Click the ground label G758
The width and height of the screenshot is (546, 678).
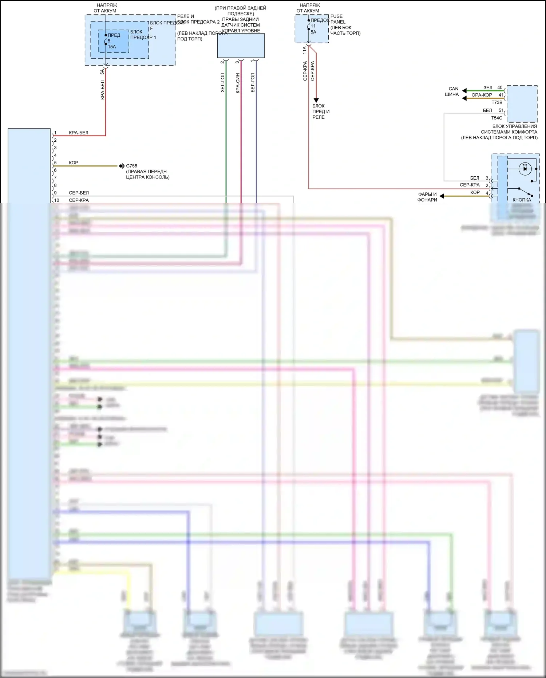(x=131, y=166)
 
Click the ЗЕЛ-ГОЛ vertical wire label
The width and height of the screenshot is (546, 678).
(x=222, y=82)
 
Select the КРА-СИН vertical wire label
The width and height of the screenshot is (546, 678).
(x=237, y=83)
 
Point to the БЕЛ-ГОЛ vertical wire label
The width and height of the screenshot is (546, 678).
(x=253, y=82)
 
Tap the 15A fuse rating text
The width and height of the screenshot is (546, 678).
(x=112, y=47)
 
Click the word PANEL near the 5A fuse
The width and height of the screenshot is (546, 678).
(x=338, y=22)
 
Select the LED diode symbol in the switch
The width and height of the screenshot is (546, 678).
(x=525, y=168)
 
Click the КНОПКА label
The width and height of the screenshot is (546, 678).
(x=522, y=200)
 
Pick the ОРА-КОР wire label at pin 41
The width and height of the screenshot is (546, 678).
(x=482, y=95)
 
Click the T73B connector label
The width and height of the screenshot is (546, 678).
(x=497, y=103)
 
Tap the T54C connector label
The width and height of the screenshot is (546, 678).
(x=496, y=118)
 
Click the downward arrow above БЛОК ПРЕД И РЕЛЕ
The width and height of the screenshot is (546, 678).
(x=316, y=100)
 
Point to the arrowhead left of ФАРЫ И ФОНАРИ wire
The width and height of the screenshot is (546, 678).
(x=442, y=196)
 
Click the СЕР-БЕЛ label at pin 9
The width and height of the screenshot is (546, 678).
(x=79, y=193)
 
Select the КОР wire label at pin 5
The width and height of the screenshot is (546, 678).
(x=74, y=163)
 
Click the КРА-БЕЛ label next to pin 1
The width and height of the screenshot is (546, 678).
(x=79, y=133)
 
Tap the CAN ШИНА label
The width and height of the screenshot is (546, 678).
(x=452, y=91)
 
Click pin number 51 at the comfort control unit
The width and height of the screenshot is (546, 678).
(x=501, y=110)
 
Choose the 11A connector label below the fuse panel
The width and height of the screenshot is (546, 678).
(x=305, y=50)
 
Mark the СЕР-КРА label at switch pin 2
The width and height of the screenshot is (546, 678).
(x=470, y=185)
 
